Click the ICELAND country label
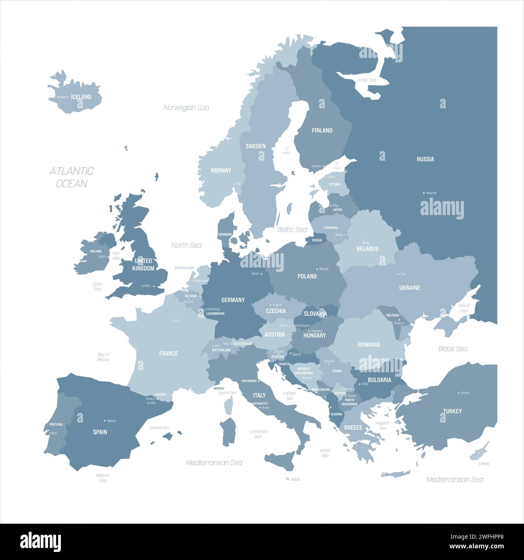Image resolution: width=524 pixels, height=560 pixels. pyautogui.click(x=81, y=97)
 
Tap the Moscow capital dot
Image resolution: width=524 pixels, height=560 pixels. pyautogui.click(x=424, y=193)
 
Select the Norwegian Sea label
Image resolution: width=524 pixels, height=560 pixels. pyautogui.click(x=186, y=108)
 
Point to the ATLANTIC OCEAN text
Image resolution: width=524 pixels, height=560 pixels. pyautogui.click(x=71, y=177)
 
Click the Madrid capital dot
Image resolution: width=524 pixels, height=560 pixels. pyautogui.click(x=105, y=421)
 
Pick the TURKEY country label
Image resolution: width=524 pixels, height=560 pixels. pyautogui.click(x=452, y=411)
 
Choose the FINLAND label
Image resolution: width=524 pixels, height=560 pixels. pyautogui.click(x=322, y=130)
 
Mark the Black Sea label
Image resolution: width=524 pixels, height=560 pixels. pyautogui.click(x=453, y=348)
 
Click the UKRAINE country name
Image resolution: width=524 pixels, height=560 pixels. pyautogui.click(x=410, y=288)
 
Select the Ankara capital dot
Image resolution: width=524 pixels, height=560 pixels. pyautogui.click(x=459, y=392)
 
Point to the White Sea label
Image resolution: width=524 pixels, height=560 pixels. pyautogui.click(x=366, y=80)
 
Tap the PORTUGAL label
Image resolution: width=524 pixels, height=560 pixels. pyautogui.click(x=56, y=425)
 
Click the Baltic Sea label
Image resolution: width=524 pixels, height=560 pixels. pyautogui.click(x=292, y=230)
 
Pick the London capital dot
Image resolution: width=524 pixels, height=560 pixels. pyautogui.click(x=154, y=286)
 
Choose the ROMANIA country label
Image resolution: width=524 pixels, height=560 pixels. pyautogui.click(x=369, y=344)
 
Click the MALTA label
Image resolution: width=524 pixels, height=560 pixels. pyautogui.click(x=295, y=479)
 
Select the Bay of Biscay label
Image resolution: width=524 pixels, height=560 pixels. pyautogui.click(x=103, y=357)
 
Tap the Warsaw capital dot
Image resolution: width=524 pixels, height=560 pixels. pyautogui.click(x=316, y=269)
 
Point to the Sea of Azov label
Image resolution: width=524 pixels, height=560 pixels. pyautogui.click(x=464, y=308)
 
